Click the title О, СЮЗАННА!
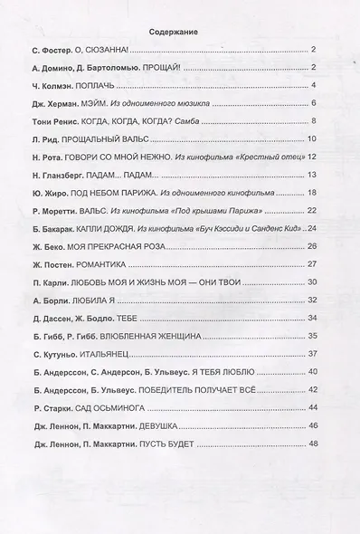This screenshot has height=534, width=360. point(118,50)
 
